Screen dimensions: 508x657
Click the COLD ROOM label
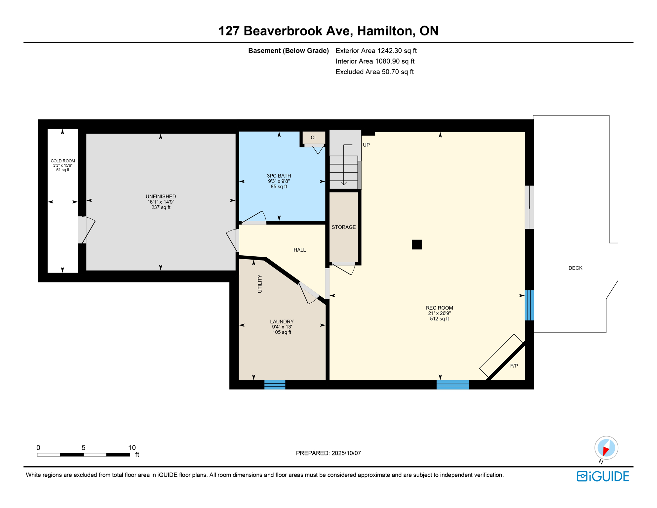63,161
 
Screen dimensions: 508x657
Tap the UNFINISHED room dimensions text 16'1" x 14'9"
161,202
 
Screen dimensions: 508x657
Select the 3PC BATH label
279,176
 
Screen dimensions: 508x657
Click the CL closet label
314,138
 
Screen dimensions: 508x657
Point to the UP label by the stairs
366,145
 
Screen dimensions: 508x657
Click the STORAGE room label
344,227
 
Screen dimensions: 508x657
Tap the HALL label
300,250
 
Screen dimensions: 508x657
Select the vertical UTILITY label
260,284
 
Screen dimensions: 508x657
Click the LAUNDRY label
282,321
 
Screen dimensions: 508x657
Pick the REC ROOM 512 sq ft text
439,319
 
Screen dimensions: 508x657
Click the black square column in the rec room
417,244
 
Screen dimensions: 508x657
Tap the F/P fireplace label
514,366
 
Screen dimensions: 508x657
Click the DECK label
575,268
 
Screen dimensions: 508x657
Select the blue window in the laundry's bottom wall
275,385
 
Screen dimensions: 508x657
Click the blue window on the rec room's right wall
529,305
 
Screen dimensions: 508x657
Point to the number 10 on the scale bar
132,448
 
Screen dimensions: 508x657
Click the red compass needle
606,451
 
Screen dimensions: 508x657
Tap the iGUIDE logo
603,477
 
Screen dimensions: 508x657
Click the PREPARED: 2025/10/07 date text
328,453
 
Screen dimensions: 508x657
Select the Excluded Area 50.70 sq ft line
374,72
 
